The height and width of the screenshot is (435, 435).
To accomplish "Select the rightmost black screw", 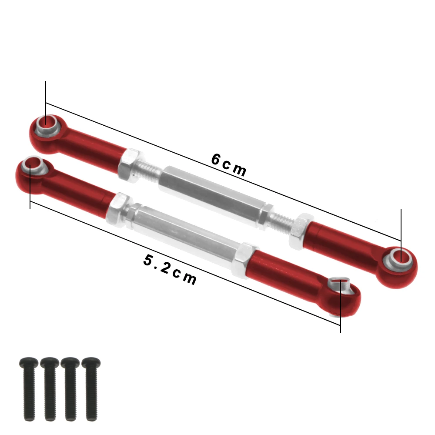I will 91,389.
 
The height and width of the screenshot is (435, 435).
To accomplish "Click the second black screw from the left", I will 49,389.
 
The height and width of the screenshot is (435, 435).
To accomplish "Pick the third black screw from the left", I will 70,389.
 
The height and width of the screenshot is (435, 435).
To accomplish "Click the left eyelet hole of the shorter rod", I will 31,165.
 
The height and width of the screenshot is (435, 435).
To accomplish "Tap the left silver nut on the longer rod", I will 129,165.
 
